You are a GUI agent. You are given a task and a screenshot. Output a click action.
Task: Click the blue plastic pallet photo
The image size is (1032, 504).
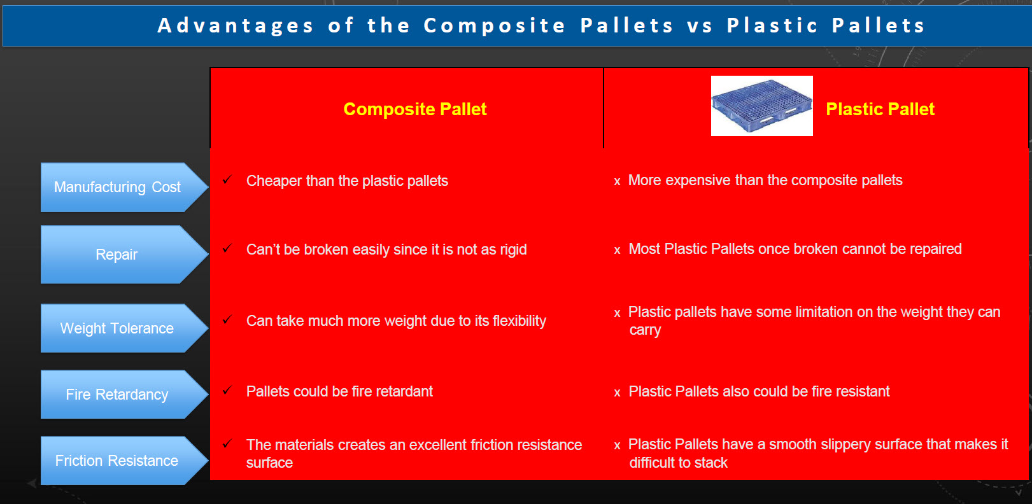[x=761, y=106]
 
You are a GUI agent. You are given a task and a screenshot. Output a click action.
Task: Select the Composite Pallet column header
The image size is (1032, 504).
[x=414, y=109]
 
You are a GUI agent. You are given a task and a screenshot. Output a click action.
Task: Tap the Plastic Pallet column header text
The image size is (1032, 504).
[x=880, y=109]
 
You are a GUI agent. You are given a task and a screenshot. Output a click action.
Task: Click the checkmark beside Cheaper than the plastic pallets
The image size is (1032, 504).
[x=227, y=179]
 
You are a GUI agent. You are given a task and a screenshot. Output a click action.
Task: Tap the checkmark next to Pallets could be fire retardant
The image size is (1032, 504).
[x=227, y=390]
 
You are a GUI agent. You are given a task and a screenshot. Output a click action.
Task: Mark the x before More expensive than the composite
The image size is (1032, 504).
[x=618, y=181]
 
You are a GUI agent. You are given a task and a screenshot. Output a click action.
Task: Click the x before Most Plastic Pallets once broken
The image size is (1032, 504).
[x=618, y=250]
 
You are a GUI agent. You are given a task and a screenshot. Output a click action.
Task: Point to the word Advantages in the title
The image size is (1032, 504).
[x=236, y=25]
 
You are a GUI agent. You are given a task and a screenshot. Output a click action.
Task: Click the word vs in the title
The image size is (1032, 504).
[x=700, y=26]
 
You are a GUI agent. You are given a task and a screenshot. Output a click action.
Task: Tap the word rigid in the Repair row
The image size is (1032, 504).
[x=513, y=249]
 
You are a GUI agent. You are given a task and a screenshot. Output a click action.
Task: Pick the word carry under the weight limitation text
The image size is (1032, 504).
[x=645, y=330]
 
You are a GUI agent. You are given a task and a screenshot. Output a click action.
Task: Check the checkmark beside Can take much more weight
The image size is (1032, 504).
[x=227, y=319]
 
